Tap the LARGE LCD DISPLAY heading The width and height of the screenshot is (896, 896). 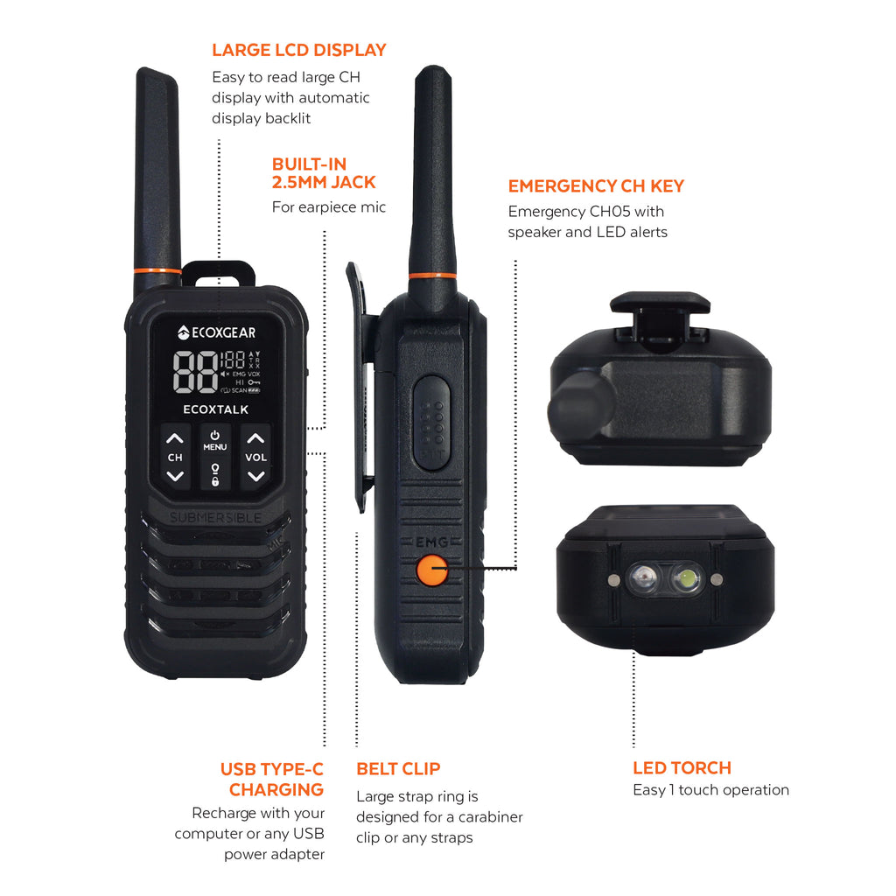coord(298,50)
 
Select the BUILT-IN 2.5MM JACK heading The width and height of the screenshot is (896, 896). coord(323,173)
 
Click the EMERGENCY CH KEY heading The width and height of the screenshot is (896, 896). coord(596,185)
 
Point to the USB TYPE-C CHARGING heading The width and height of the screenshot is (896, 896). coord(272,779)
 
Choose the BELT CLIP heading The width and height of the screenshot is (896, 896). coord(398,769)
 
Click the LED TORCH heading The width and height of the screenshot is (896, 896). coord(682,767)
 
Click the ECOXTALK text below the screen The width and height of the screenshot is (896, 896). coord(215,409)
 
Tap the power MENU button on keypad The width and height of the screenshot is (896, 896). coord(215,440)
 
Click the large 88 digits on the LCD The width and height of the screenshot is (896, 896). coord(195,372)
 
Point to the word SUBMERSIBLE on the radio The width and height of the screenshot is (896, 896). coord(215,517)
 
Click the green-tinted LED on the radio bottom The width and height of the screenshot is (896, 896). coord(687,577)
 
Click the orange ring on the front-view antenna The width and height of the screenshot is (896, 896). coord(157,270)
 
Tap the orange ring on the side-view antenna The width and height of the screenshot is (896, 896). coord(432,276)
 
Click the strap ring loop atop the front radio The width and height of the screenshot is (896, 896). coord(219,271)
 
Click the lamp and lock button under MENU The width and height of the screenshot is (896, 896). coord(215,474)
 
